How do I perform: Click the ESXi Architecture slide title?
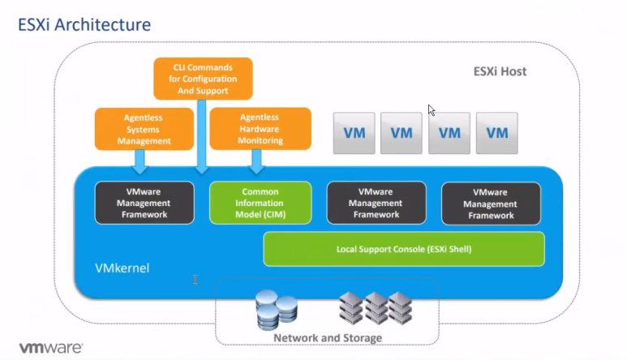(84, 25)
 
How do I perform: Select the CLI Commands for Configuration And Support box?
(203, 79)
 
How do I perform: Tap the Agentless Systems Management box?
(144, 129)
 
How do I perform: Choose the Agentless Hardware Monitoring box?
(260, 129)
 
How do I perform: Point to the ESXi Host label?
(500, 71)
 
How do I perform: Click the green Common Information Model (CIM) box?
(260, 203)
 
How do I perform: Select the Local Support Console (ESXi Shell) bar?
(404, 249)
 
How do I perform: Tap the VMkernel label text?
(122, 268)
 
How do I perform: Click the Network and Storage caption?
(328, 338)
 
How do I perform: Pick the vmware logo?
(51, 348)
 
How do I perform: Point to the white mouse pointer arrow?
(431, 110)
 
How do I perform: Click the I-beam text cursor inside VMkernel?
(195, 280)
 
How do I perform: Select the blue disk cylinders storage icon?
(277, 310)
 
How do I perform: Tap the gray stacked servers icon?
(376, 308)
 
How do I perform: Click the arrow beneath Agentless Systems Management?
(140, 162)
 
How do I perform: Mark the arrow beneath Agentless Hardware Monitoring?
(256, 162)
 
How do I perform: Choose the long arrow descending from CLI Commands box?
(201, 137)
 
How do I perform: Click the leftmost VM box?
(354, 133)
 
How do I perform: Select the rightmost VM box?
(497, 133)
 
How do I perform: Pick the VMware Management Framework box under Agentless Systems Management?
(144, 203)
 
